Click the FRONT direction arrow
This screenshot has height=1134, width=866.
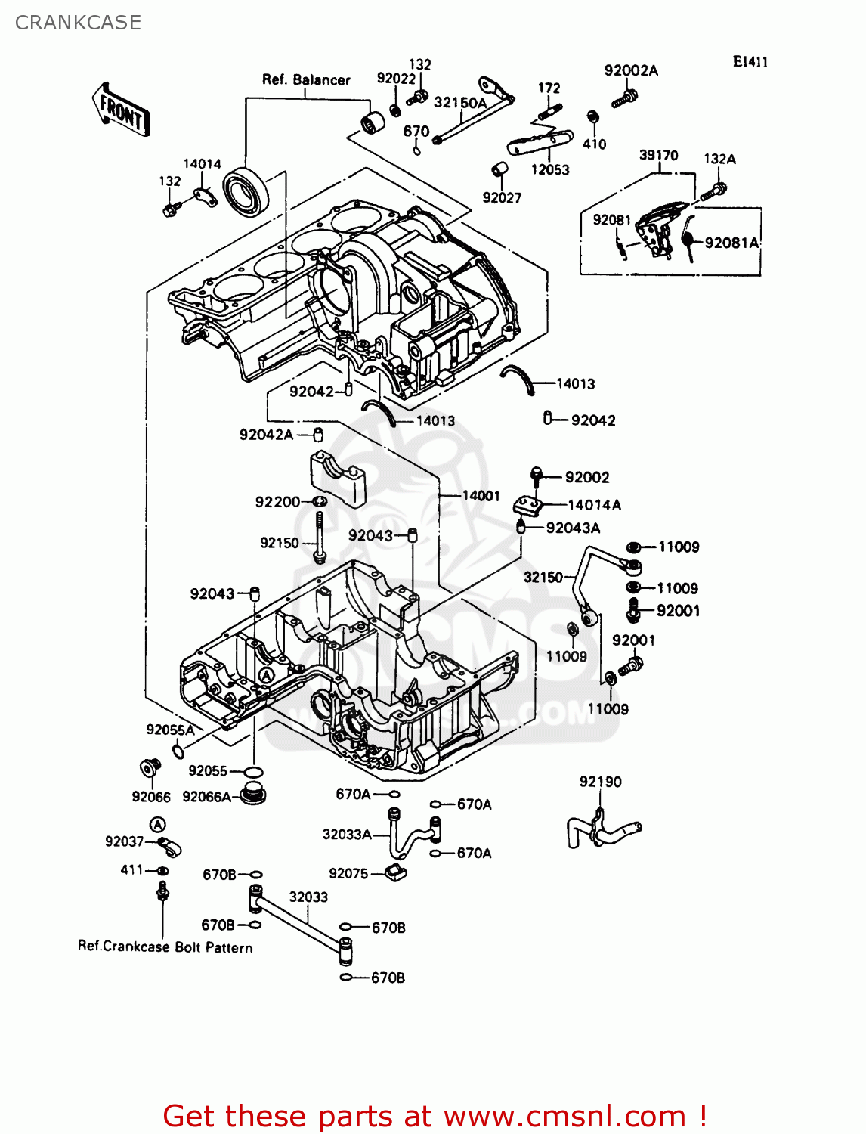(122, 110)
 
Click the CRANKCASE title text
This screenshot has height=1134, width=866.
(78, 23)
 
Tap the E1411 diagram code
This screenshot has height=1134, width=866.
(750, 62)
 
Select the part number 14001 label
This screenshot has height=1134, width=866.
(481, 496)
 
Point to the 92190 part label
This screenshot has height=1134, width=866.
(600, 782)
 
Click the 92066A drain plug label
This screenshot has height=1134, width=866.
(206, 797)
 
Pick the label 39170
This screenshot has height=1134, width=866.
(658, 155)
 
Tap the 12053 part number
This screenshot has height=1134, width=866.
(549, 170)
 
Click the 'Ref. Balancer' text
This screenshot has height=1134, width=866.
(306, 79)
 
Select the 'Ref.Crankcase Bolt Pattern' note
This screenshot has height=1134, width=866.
(165, 947)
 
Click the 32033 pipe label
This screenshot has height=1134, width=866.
(308, 897)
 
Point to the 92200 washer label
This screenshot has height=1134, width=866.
(277, 502)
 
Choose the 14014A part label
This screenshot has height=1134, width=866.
(594, 505)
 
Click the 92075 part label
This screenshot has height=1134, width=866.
(348, 873)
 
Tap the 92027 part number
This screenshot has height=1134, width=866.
(502, 198)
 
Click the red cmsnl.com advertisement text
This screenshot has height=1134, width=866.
(435, 1116)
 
